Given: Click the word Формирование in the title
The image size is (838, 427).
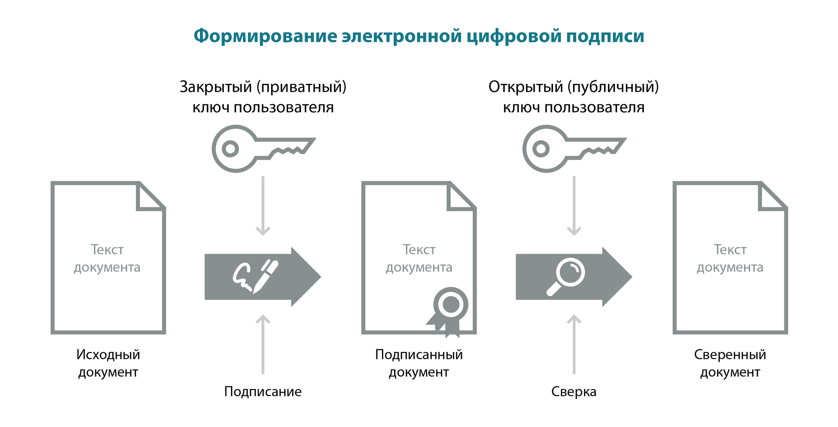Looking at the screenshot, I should click(x=265, y=36).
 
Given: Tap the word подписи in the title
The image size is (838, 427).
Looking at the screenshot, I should click(x=605, y=36).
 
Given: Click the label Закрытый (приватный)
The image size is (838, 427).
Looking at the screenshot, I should click(x=263, y=87).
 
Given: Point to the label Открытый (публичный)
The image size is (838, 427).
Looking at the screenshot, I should click(x=574, y=87).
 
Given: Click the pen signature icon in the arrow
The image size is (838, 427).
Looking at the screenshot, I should click(x=255, y=276).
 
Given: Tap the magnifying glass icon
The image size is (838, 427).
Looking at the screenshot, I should click(x=566, y=276).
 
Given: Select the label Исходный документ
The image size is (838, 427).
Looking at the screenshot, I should click(x=108, y=363).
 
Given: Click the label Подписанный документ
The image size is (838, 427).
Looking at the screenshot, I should click(x=419, y=363).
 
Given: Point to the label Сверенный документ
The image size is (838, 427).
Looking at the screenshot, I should click(x=730, y=363).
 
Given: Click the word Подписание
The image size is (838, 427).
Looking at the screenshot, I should click(x=263, y=392).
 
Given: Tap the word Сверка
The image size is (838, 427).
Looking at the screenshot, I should click(x=574, y=392).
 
